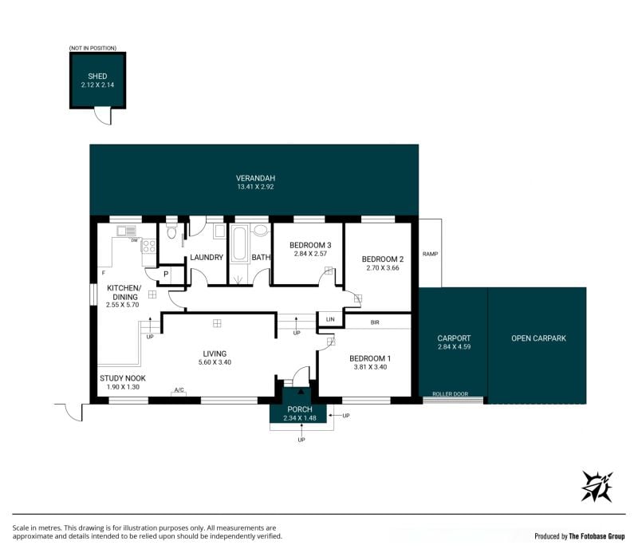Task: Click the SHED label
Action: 97,76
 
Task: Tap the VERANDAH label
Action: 255,178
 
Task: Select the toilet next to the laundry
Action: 171,230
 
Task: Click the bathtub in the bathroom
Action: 238,244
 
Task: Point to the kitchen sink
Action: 127,231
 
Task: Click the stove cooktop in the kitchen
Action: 148,246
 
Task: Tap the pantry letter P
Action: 166,275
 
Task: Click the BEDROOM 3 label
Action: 310,245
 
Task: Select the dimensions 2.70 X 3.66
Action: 383,268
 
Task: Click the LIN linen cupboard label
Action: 330,319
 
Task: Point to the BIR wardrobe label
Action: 375,322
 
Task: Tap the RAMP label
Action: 430,254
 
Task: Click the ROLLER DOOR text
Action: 450,393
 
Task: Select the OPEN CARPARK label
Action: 539,338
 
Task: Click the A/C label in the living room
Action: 179,390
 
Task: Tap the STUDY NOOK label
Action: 123,378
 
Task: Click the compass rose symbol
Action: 597,486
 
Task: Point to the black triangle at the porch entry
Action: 301,391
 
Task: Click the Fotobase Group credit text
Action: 580,536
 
